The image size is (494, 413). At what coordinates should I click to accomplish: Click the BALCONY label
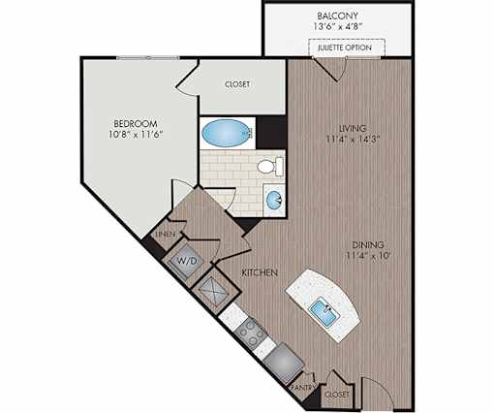pyautogui.click(x=337, y=16)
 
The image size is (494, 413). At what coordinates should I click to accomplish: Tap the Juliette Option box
pyautogui.click(x=347, y=48)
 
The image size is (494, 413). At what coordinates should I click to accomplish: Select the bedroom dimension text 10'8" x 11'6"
pyautogui.click(x=136, y=135)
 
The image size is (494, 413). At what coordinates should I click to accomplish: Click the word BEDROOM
pyautogui.click(x=136, y=123)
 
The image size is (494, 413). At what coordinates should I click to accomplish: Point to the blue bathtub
pyautogui.click(x=227, y=133)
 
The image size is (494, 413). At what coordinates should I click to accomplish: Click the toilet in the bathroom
pyautogui.click(x=270, y=167)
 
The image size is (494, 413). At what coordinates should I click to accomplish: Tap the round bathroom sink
pyautogui.click(x=274, y=200)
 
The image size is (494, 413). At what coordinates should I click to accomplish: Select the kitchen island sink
pyautogui.click(x=325, y=312)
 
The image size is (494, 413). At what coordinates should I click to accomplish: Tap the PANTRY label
pyautogui.click(x=303, y=387)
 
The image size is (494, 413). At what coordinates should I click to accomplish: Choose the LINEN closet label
pyautogui.click(x=166, y=235)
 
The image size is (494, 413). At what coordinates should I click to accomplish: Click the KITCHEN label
pyautogui.click(x=260, y=272)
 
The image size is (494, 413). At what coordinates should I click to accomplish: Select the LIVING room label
pyautogui.click(x=353, y=128)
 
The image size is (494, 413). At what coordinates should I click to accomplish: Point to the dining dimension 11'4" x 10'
pyautogui.click(x=368, y=256)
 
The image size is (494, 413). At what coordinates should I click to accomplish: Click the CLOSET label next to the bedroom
pyautogui.click(x=237, y=84)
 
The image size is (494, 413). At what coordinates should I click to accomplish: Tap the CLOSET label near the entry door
pyautogui.click(x=337, y=395)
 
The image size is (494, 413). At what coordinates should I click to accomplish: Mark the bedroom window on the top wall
pyautogui.click(x=148, y=57)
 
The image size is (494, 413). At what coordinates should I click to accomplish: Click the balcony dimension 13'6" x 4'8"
pyautogui.click(x=337, y=26)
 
